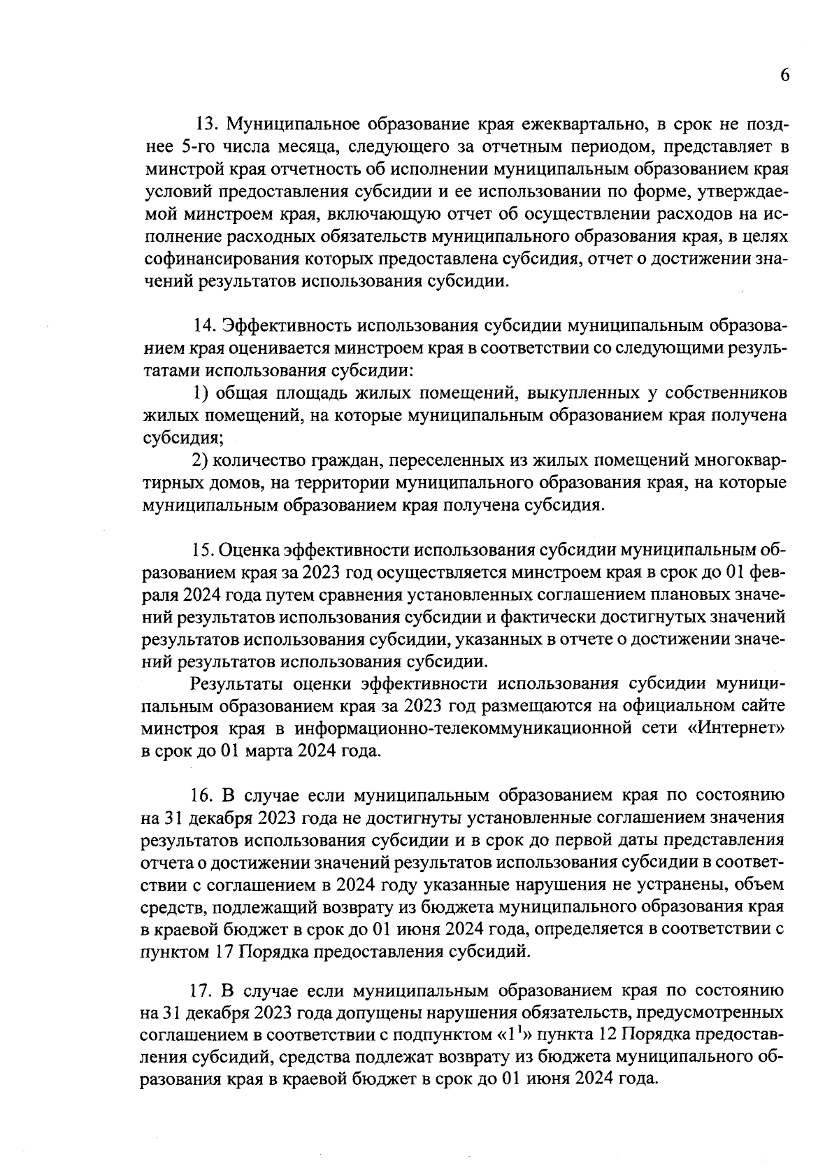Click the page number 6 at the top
[x=784, y=76]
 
